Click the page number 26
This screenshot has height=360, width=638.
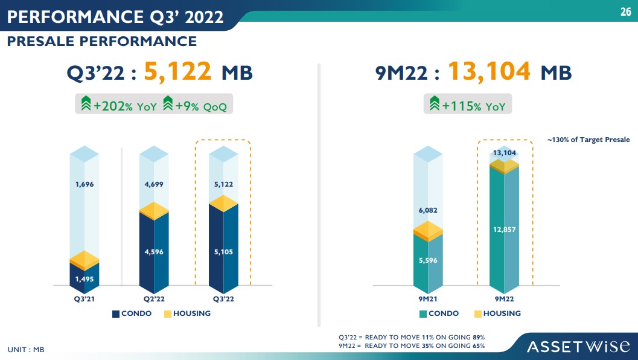[x=625, y=11]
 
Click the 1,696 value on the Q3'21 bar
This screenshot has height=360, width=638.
[x=85, y=184]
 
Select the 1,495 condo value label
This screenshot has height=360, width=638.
[x=85, y=279]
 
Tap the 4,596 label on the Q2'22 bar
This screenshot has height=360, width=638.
[x=154, y=252]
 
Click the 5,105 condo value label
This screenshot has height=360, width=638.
[x=223, y=252]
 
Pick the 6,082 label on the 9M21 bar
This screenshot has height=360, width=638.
[x=428, y=210]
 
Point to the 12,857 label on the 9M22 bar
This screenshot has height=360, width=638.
[x=504, y=230]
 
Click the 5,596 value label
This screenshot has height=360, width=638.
[x=428, y=260]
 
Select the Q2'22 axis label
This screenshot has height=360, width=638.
[x=154, y=298]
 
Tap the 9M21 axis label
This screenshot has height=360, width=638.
[x=428, y=298]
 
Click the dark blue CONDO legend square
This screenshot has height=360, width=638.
[x=116, y=313]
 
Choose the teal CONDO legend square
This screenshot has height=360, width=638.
[x=423, y=313]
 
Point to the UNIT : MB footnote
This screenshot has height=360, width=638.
[x=26, y=350]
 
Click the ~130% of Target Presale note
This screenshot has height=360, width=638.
[x=588, y=140]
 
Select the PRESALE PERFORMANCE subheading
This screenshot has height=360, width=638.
[x=102, y=41]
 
